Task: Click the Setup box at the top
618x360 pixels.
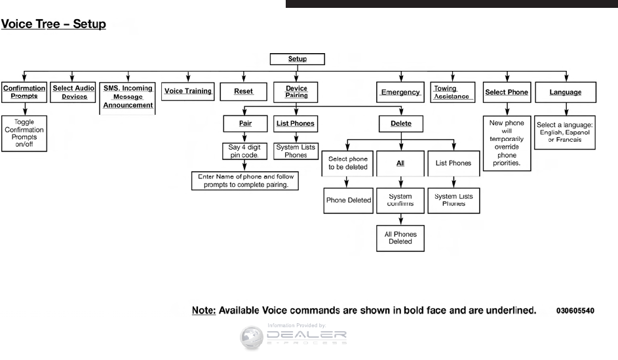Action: coord(298,59)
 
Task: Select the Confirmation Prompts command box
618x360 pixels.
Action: coord(24,92)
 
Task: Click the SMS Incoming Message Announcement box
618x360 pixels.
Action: coord(128,96)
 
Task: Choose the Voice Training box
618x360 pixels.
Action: coord(188,91)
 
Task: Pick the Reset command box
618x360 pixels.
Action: coord(243,92)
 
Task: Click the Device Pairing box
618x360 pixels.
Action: coord(297,92)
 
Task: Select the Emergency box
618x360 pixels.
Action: coord(400,92)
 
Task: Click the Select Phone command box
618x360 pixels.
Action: coord(507,92)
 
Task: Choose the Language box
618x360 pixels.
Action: coord(565,92)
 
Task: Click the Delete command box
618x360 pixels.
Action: coord(400,123)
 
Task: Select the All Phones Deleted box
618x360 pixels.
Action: coord(400,237)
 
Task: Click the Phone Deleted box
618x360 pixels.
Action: coord(349,201)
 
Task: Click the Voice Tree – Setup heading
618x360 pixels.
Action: coord(54,26)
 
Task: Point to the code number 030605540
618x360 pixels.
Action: coord(575,310)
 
